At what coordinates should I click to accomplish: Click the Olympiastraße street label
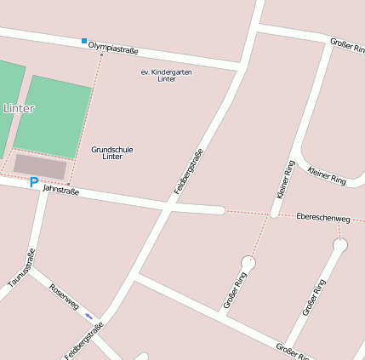(113, 50)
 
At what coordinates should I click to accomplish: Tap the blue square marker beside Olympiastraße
(83, 41)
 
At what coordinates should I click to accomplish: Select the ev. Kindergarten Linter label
(166, 75)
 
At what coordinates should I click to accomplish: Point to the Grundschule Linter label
(111, 153)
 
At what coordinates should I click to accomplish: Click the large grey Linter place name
(19, 109)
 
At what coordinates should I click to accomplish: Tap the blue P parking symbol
(34, 182)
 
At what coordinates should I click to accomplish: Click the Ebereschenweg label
(322, 219)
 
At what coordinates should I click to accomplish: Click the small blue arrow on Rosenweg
(88, 316)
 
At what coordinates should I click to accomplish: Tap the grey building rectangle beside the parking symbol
(40, 166)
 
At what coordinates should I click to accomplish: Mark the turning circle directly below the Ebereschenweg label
(340, 246)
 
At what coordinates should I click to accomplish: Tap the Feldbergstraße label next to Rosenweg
(83, 340)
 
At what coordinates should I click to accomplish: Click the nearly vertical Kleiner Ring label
(283, 180)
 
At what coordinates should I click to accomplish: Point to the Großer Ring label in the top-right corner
(347, 44)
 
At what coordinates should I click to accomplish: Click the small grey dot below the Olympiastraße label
(101, 55)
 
